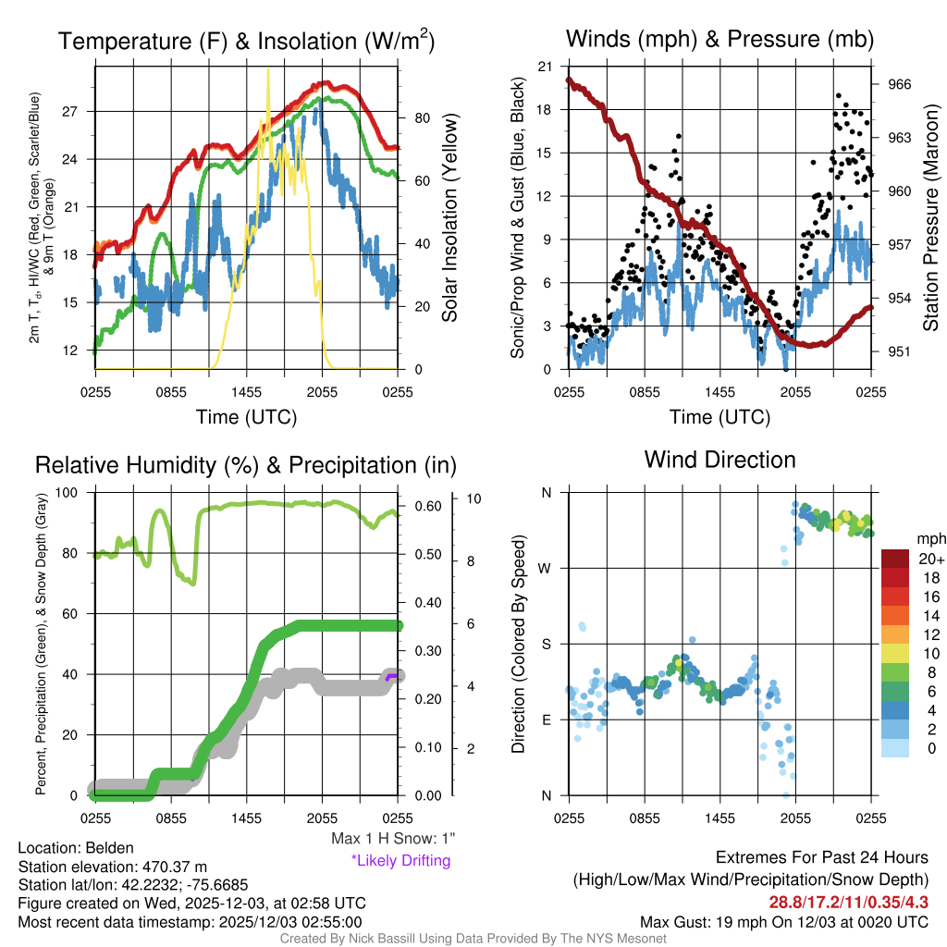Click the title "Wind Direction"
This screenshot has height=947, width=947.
pyautogui.click(x=719, y=460)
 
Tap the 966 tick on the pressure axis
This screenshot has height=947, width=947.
pyautogui.click(x=899, y=84)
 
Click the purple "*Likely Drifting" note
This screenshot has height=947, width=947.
pyautogui.click(x=400, y=860)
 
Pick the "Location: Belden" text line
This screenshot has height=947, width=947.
pyautogui.click(x=76, y=847)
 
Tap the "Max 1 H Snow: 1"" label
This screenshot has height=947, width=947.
pyautogui.click(x=393, y=839)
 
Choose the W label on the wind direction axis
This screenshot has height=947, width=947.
pyautogui.click(x=546, y=568)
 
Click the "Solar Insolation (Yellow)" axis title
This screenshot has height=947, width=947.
pyautogui.click(x=450, y=218)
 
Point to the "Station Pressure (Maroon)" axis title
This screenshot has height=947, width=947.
pyautogui.click(x=931, y=218)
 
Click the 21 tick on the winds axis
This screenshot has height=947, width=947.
pyautogui.click(x=545, y=67)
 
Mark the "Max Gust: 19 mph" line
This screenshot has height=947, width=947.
pyautogui.click(x=784, y=921)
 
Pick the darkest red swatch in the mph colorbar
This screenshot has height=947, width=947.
pyautogui.click(x=895, y=559)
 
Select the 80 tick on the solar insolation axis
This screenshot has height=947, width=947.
pyautogui.click(x=419, y=118)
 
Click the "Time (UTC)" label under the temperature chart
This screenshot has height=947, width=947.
pyautogui.click(x=246, y=417)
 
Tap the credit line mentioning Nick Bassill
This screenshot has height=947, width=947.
pyautogui.click(x=473, y=939)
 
